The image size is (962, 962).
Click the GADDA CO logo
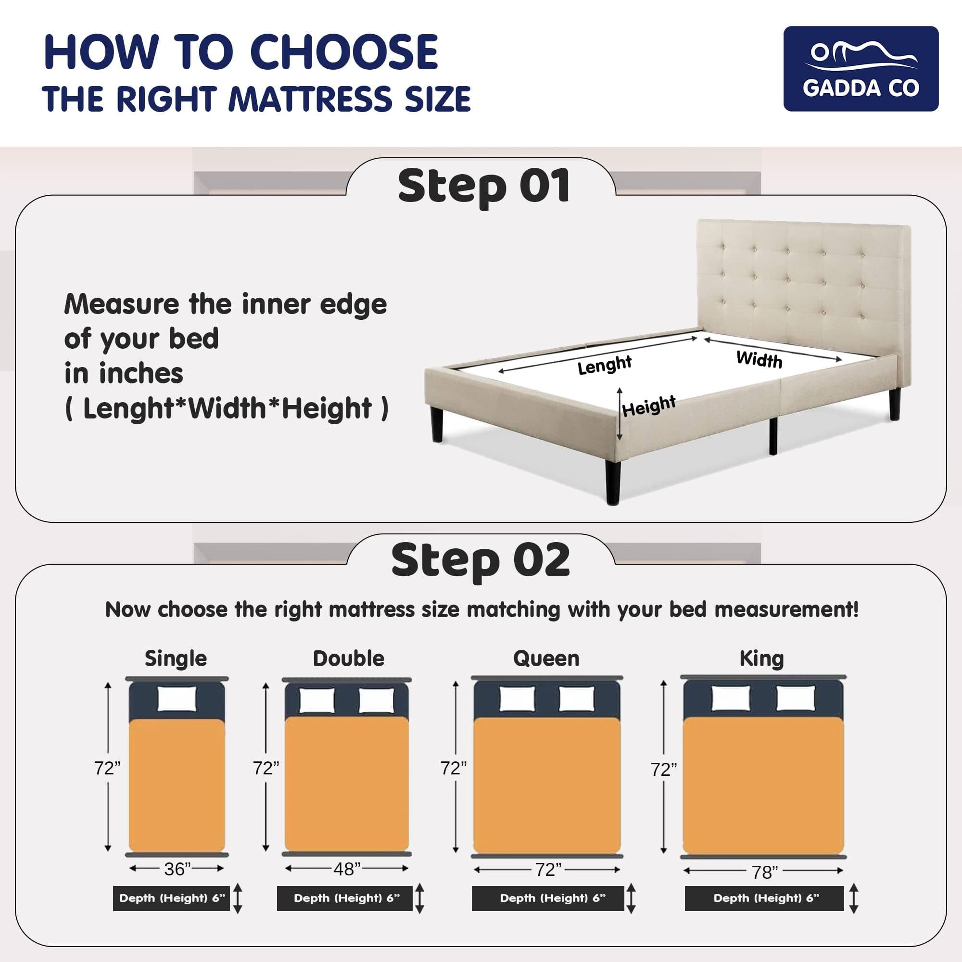click(861, 69)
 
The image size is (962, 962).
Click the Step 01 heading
click(483, 186)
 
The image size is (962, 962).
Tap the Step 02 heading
click(481, 560)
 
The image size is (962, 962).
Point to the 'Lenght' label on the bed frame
click(605, 365)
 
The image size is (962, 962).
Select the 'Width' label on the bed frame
click(759, 359)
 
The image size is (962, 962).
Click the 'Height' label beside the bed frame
click(649, 406)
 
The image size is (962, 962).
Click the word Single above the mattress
click(176, 659)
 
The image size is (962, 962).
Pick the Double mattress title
click(349, 658)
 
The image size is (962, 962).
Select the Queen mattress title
click(546, 659)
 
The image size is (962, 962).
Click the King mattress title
click(761, 659)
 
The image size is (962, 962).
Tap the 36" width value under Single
click(178, 869)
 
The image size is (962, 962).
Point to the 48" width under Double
click(347, 869)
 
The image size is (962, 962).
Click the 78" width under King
click(764, 873)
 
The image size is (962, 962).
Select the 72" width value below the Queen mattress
click(548, 869)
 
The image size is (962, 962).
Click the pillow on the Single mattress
click(177, 699)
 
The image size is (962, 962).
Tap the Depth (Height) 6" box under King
click(764, 898)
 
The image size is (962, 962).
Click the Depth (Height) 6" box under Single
click(171, 898)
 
